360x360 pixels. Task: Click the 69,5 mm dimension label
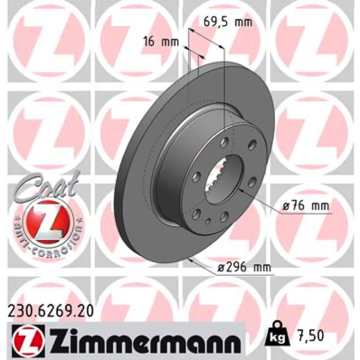228,22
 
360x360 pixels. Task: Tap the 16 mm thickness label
161,42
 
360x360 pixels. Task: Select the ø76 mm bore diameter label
306,206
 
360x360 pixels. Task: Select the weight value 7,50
309,335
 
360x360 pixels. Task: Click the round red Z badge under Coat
48,224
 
